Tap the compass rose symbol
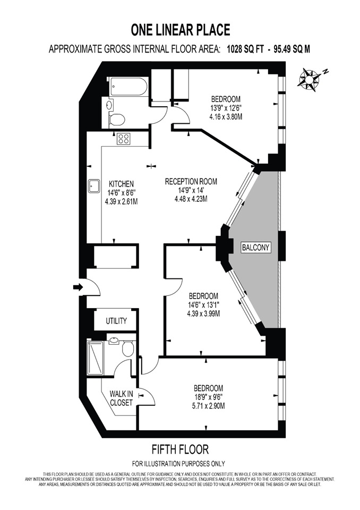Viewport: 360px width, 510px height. point(309,79)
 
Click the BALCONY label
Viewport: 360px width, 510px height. point(256,248)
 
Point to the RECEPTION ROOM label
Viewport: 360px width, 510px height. point(191,181)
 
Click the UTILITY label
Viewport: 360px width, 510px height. point(116,321)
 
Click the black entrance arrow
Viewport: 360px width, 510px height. point(78,287)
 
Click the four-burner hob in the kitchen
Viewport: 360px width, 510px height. point(124,139)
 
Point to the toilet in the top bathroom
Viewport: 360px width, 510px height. point(117,119)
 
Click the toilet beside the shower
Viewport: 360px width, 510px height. point(128,348)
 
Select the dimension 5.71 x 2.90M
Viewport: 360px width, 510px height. point(208,406)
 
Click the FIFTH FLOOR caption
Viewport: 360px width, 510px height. point(179,449)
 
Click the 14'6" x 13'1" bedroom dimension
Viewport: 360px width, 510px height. point(203,304)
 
